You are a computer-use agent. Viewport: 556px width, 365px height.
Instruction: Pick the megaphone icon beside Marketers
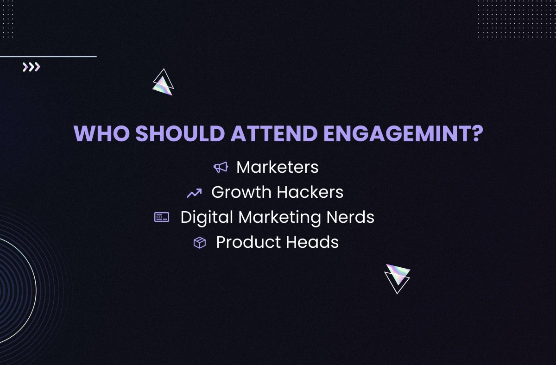(221, 167)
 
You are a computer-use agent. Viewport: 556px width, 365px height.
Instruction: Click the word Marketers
(277, 167)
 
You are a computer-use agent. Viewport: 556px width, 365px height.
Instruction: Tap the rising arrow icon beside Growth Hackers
(194, 193)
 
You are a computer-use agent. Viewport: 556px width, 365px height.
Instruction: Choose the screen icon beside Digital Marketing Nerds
(162, 217)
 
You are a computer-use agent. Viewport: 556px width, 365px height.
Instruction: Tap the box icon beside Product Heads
(199, 243)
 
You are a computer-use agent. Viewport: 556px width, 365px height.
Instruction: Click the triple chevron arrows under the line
(31, 68)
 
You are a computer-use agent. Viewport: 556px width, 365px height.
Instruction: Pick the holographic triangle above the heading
(163, 83)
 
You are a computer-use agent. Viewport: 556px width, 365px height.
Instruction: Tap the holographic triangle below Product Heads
(398, 277)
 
